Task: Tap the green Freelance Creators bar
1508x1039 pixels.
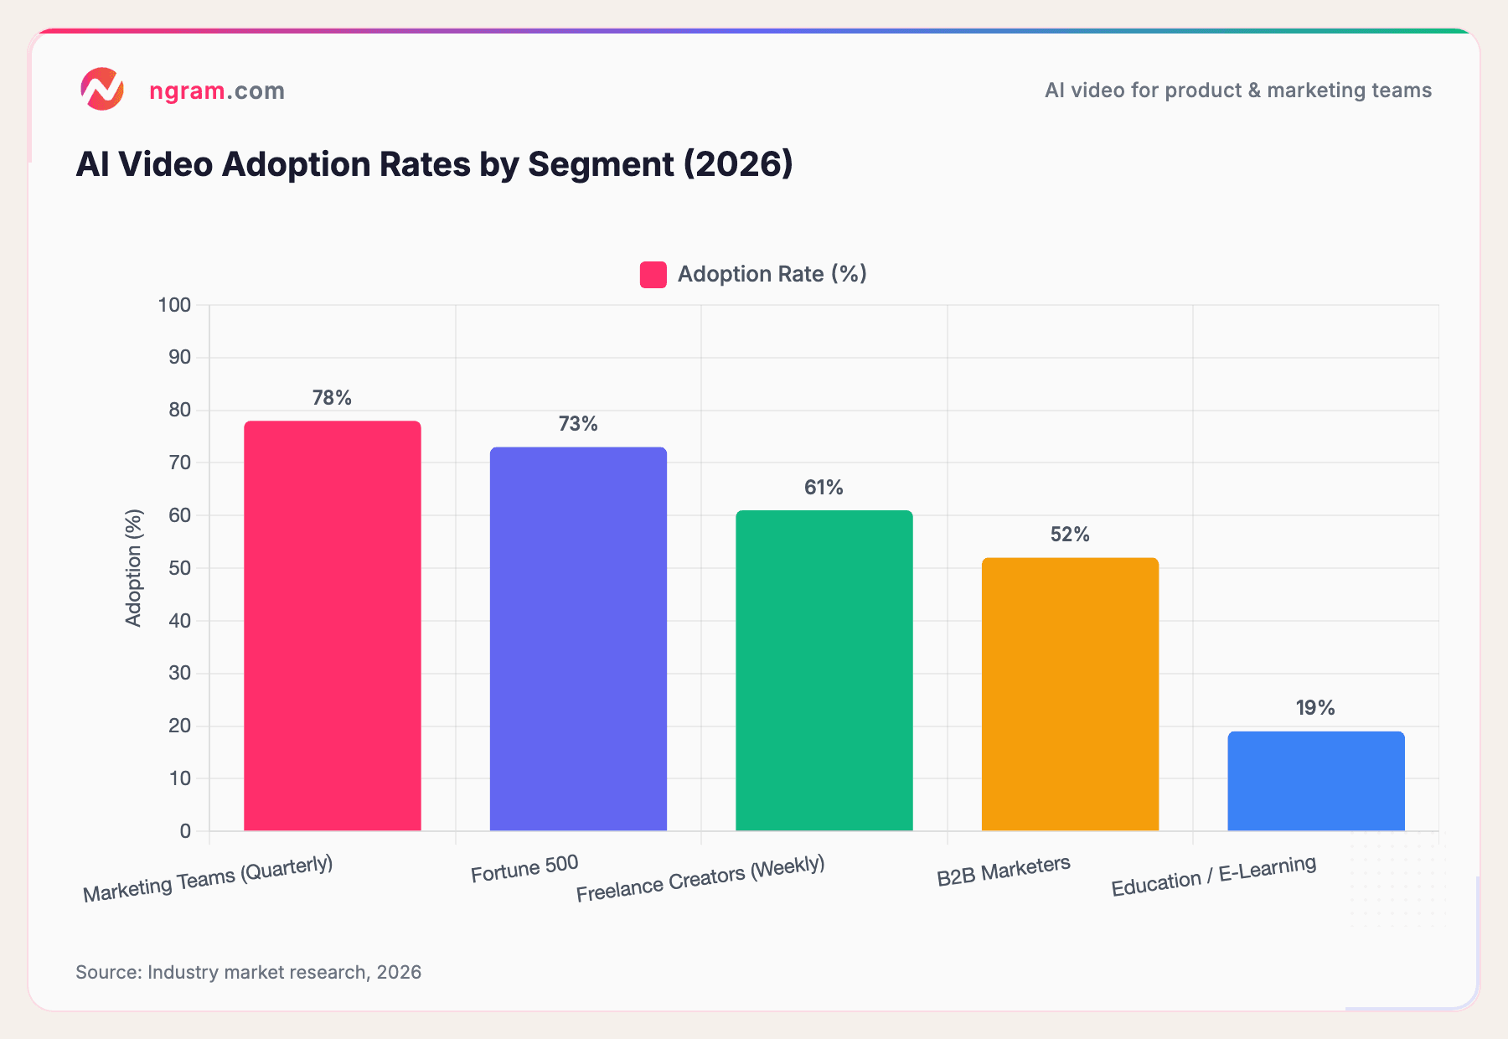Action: point(824,670)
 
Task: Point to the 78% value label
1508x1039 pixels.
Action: point(332,398)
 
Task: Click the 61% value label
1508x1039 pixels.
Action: point(824,488)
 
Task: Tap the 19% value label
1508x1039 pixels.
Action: point(1315,708)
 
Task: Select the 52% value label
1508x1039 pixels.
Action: point(1070,535)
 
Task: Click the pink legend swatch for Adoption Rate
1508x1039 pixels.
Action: point(653,275)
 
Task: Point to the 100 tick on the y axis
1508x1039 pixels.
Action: point(175,305)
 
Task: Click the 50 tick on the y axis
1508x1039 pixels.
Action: point(179,568)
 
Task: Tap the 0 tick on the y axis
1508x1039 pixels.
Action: point(185,831)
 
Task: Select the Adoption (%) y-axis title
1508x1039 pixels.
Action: point(134,567)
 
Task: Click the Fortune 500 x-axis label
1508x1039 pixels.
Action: point(524,869)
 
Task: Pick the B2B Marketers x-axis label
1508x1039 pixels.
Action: point(1004,871)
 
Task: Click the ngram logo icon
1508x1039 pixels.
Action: point(102,89)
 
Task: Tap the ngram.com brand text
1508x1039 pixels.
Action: point(217,90)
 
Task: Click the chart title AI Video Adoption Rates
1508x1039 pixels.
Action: point(434,164)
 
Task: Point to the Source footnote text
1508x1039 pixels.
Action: point(248,972)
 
